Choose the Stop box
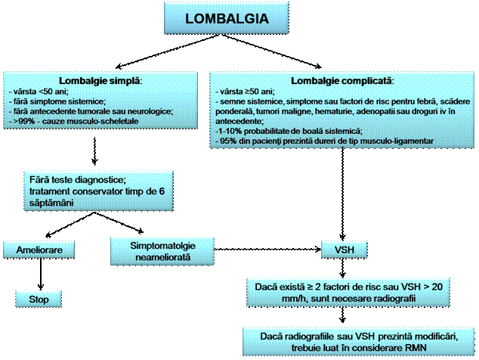click(39, 299)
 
